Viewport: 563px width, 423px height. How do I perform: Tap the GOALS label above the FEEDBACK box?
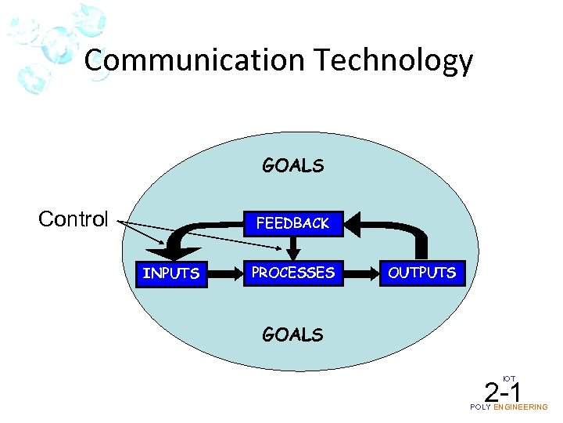(292, 165)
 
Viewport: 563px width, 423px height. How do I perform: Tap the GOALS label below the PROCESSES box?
(292, 334)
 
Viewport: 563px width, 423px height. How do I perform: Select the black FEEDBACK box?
(293, 223)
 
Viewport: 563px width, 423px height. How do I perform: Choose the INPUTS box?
(171, 273)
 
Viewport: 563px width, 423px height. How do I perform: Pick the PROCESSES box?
(292, 273)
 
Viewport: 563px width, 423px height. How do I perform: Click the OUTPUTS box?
(421, 273)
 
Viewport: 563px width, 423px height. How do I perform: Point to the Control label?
(74, 219)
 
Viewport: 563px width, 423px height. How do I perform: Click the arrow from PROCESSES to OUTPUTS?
(360, 273)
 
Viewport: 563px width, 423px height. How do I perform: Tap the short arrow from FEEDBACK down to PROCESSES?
(293, 248)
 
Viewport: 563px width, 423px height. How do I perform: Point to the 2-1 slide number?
(503, 392)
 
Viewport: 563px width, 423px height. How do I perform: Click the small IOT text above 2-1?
(508, 378)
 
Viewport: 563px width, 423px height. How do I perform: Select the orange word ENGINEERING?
(521, 407)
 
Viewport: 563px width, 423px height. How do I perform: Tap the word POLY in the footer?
(481, 407)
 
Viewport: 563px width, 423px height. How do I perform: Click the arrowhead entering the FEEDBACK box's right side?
(351, 224)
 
